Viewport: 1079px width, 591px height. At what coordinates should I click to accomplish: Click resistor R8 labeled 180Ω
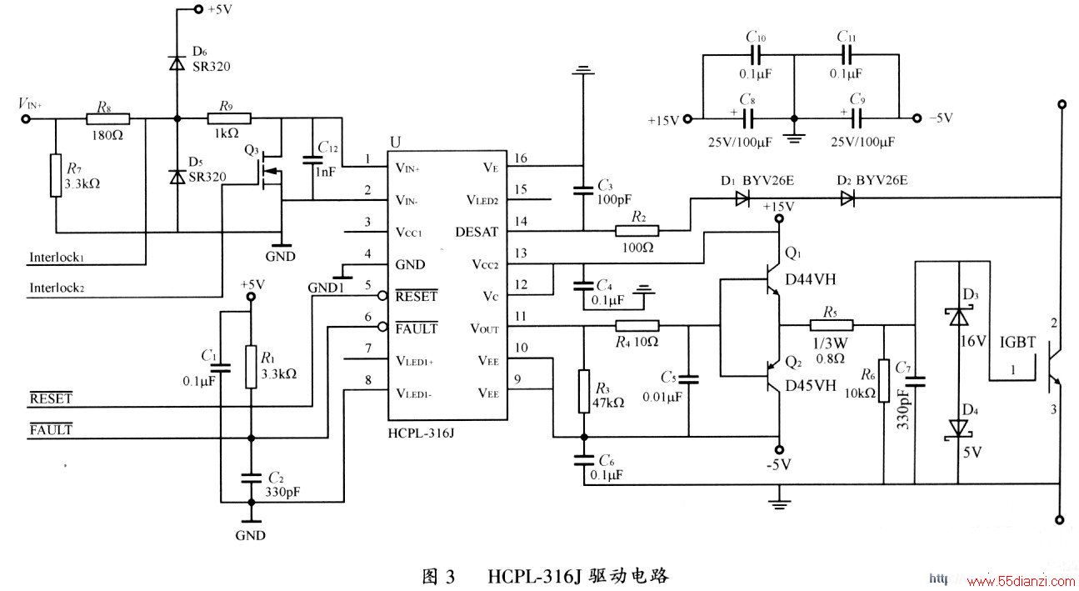(108, 118)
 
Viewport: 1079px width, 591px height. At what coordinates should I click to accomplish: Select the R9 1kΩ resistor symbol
(229, 118)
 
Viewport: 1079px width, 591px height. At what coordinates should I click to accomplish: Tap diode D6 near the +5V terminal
(177, 63)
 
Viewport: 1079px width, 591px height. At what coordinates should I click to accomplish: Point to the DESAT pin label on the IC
(477, 233)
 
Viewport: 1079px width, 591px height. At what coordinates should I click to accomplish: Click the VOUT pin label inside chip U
(484, 329)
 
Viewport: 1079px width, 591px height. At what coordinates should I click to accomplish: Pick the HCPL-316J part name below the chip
(421, 433)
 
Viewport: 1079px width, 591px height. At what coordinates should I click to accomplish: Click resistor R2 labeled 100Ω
(637, 232)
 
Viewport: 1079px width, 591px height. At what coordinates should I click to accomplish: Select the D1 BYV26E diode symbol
(742, 198)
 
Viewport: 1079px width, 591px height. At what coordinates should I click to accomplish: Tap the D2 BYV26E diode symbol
(847, 198)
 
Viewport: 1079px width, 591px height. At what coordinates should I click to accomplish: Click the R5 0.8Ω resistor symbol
(832, 325)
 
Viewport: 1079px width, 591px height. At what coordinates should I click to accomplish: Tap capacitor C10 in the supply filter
(755, 55)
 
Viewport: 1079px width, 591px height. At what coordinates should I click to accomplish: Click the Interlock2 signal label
(57, 288)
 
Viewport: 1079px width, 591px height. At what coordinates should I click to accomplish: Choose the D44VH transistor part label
(811, 279)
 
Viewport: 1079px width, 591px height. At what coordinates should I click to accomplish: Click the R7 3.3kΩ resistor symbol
(56, 176)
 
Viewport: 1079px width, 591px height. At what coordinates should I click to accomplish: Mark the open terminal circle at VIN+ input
(26, 118)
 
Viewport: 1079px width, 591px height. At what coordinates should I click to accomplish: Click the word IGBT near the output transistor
(1017, 343)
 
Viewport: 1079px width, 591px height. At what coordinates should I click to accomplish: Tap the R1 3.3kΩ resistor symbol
(251, 367)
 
